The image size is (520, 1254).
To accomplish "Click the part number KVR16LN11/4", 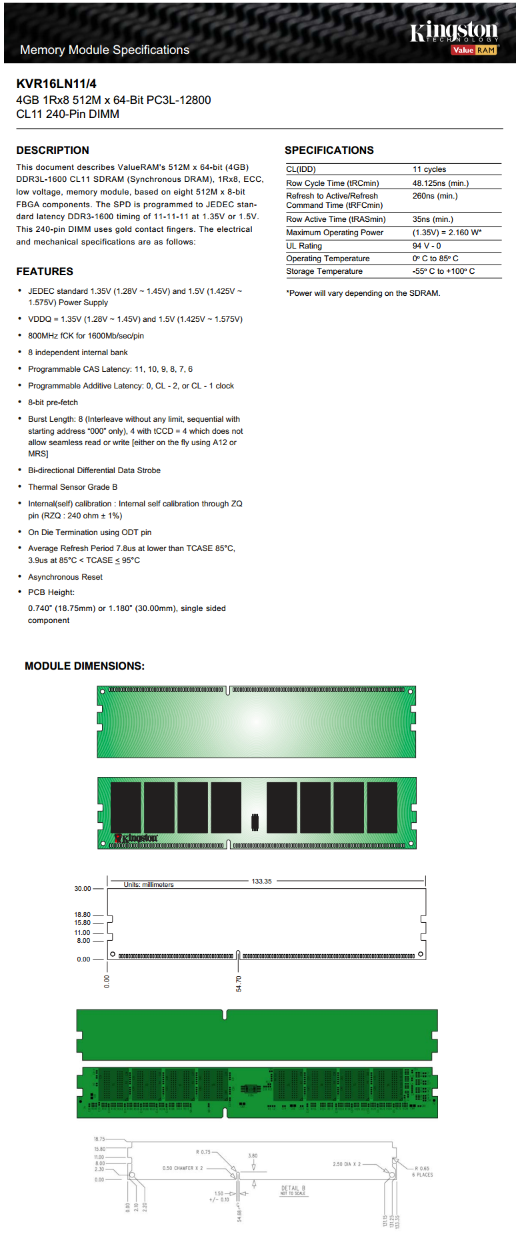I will pos(56,83).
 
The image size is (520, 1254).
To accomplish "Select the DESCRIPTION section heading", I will pos(53,150).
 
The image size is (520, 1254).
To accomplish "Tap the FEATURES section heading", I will pos(45,271).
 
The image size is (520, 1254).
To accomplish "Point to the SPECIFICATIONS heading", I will pos(329,150).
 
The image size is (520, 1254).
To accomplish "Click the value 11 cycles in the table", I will pos(429,169).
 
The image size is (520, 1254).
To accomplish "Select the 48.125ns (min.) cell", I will pos(440,183).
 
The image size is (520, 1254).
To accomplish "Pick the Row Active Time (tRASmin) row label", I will pos(335,219).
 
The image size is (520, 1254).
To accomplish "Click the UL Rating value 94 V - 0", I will pos(426,246).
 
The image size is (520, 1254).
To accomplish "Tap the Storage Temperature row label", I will pos(324,271).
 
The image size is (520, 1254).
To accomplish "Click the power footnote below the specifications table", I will pos(363,293).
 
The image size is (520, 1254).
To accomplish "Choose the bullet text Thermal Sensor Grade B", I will pos(72,487).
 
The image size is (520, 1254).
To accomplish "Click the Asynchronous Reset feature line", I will pos(65,577).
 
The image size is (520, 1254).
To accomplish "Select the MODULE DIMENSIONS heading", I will pos(84,666).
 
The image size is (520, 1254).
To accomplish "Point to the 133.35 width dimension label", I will pos(261,881).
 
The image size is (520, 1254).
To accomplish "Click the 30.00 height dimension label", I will pos(82,889).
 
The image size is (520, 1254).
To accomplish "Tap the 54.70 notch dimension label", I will pos(239,983).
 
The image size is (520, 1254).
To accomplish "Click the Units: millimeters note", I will pos(148,885).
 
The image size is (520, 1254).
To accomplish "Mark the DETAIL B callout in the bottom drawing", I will pos(293,1189).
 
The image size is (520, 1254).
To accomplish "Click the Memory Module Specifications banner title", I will pos(105,50).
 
